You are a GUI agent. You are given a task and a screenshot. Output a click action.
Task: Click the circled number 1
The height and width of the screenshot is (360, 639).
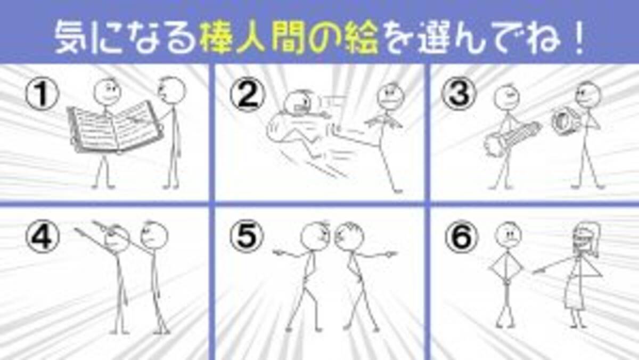tap(42, 94)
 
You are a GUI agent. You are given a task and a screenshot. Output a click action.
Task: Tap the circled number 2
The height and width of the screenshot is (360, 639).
tap(247, 94)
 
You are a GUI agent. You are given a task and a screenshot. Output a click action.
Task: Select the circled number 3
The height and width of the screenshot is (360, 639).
tap(458, 94)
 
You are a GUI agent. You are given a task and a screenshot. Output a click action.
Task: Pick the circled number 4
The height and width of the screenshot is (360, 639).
tap(43, 236)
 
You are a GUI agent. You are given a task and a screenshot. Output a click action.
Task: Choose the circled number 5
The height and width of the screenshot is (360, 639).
tap(247, 236)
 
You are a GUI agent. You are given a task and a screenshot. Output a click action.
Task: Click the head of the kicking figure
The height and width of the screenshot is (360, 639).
tap(390, 97)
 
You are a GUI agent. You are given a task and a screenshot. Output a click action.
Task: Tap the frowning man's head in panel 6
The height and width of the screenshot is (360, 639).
tap(509, 235)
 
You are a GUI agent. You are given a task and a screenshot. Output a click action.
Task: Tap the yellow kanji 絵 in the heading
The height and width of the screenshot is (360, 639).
tap(362, 38)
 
